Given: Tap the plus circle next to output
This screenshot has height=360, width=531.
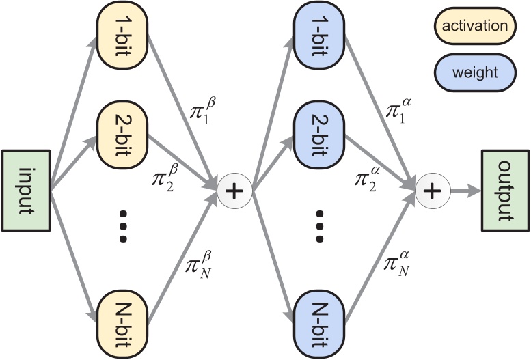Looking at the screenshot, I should (430, 191).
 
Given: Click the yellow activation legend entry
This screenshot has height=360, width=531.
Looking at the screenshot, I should (474, 27).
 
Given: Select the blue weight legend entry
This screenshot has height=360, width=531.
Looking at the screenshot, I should (474, 71).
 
